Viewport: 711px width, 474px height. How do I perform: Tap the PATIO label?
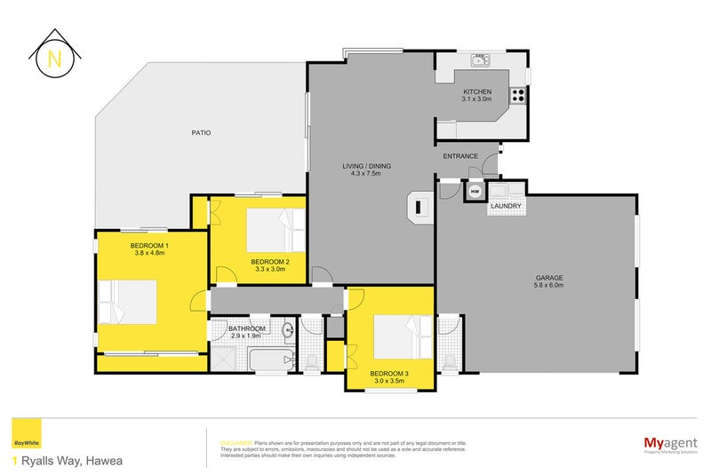(x=201, y=133)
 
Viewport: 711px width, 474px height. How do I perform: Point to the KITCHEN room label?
(x=477, y=91)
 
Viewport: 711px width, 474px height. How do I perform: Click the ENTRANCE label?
(x=460, y=156)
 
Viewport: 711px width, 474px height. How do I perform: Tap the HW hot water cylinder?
(x=475, y=191)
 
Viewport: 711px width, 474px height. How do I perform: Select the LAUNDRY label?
(x=505, y=207)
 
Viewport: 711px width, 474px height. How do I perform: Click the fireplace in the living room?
(x=419, y=206)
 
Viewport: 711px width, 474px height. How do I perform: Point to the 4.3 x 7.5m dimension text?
(x=367, y=174)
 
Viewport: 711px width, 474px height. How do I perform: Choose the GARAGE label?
(x=548, y=278)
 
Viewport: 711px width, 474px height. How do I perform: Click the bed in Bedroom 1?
(x=129, y=303)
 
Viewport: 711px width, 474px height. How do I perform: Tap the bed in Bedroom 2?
(x=274, y=230)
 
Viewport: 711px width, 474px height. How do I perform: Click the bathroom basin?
(x=287, y=332)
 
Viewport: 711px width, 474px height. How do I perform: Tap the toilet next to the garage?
(x=450, y=360)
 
